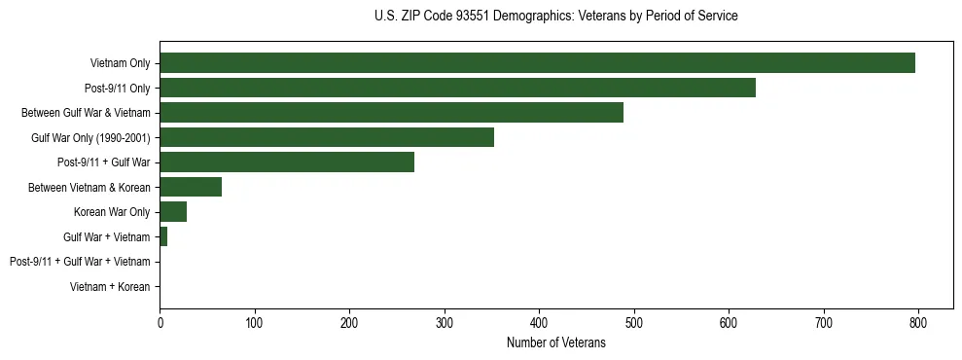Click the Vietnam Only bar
coord(537,63)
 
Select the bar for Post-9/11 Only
coord(457,88)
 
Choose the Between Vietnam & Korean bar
coord(191,187)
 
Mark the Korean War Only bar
coord(173,212)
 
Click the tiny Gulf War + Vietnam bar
coord(163,236)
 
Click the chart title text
coord(555,17)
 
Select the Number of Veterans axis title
coord(555,342)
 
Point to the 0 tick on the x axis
coord(160,322)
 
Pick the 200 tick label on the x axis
coord(349,322)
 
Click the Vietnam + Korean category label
coord(110,287)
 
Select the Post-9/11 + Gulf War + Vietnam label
coord(80,262)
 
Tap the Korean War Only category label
coord(112,212)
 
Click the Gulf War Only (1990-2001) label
coord(90,137)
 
